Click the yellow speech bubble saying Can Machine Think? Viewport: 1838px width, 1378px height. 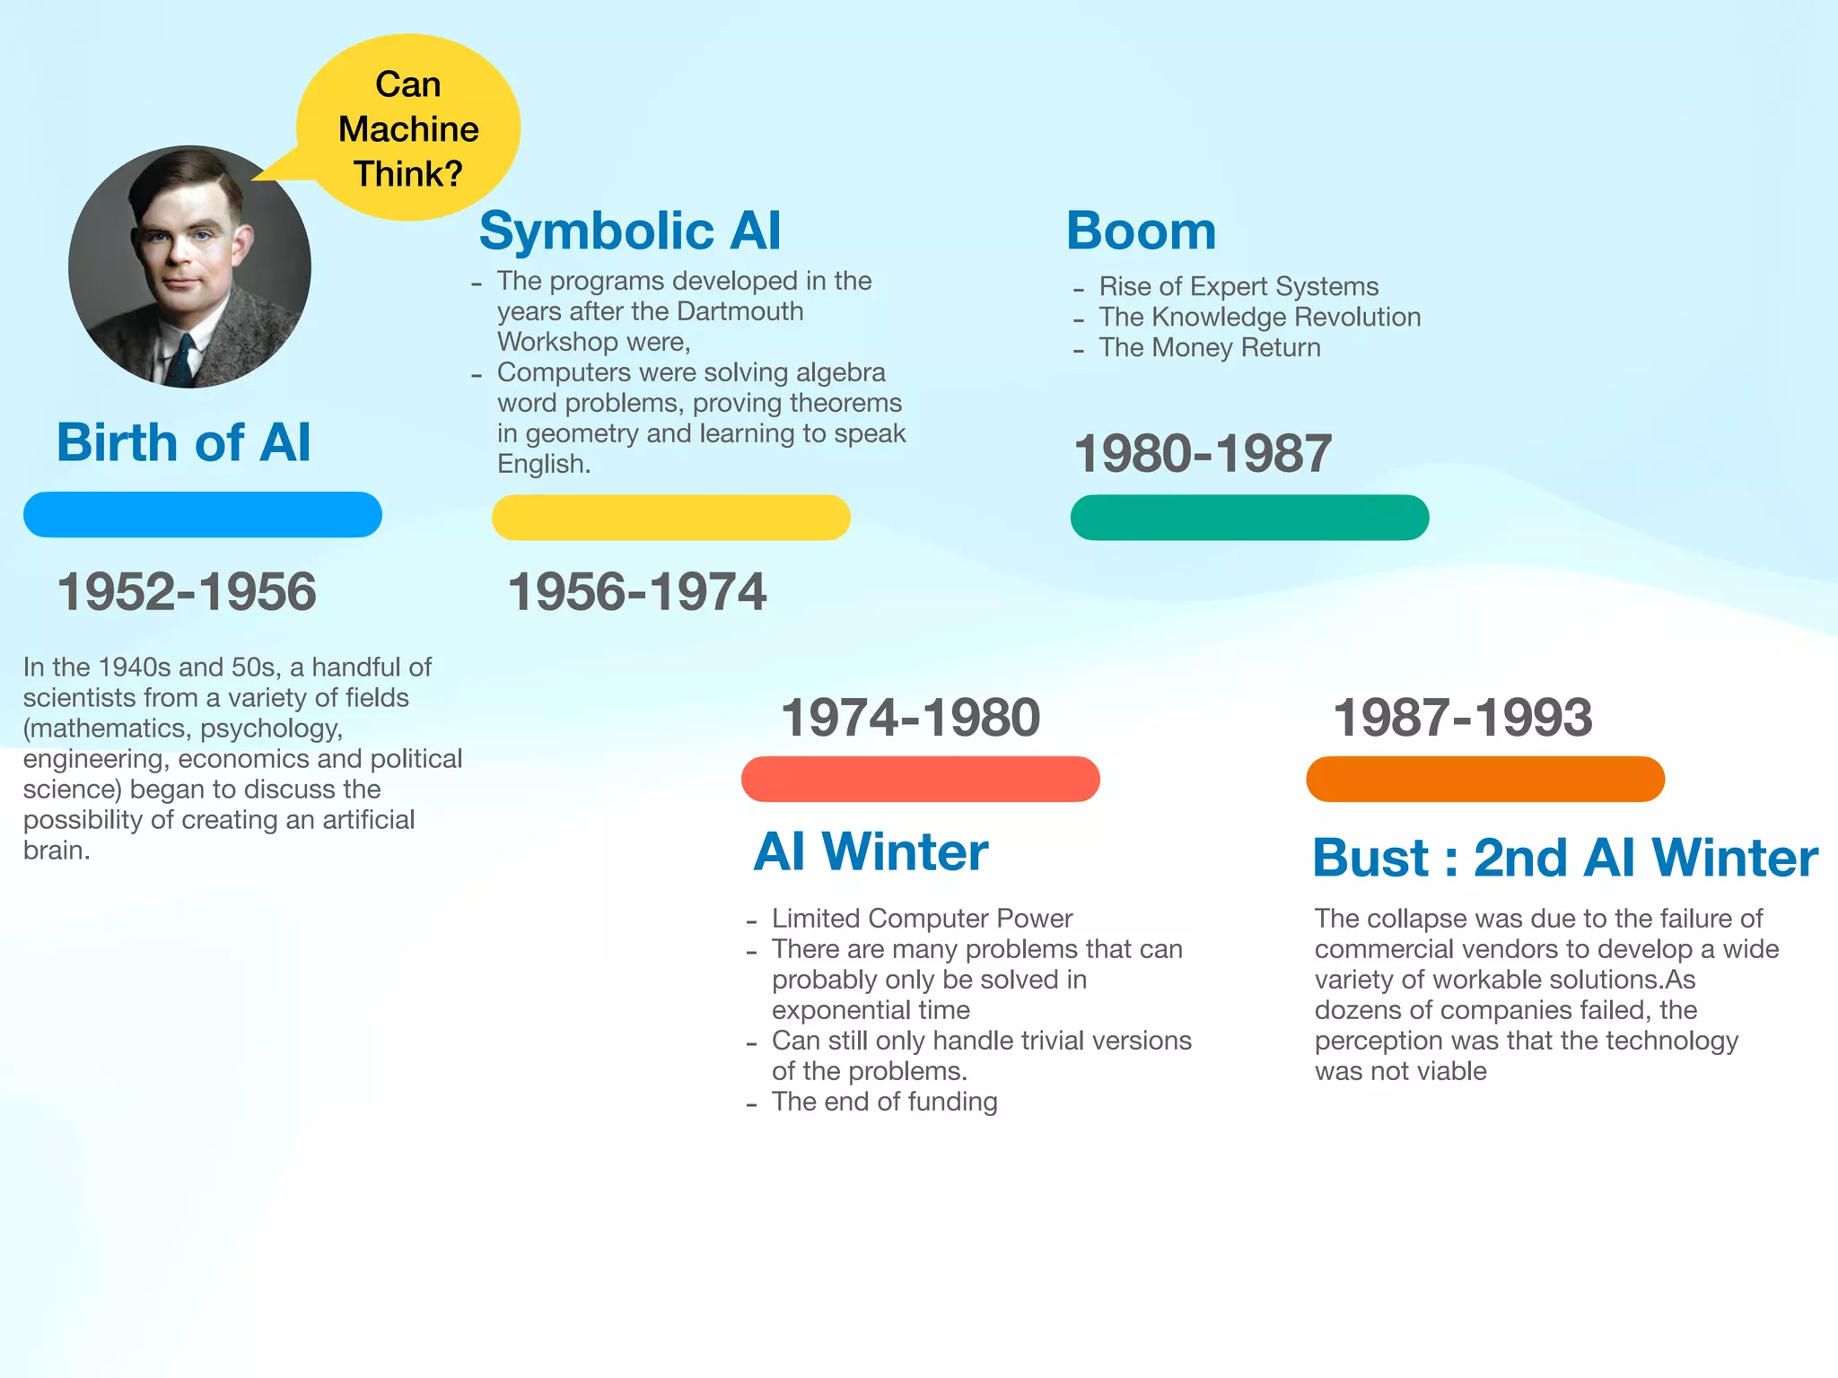tap(408, 128)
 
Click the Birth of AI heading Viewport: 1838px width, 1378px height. tap(184, 442)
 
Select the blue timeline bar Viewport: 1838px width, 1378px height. tap(203, 515)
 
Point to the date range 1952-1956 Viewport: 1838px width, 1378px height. tap(187, 592)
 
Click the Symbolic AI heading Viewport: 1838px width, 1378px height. tap(630, 231)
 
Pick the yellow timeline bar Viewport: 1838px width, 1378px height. tap(671, 518)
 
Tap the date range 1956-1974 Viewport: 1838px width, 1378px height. tap(637, 592)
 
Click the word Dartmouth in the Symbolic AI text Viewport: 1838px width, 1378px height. tap(740, 311)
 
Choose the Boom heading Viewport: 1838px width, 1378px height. tap(1141, 231)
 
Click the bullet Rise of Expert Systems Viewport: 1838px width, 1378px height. tap(1238, 286)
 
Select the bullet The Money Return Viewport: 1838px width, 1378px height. tap(1210, 347)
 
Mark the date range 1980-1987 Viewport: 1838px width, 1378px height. tap(1203, 453)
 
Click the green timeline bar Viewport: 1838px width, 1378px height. tap(1249, 518)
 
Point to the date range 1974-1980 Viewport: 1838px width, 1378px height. tap(911, 718)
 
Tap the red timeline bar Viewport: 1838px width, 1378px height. tap(921, 779)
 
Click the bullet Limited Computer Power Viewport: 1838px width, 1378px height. tap(922, 919)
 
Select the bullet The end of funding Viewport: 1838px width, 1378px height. tap(884, 1102)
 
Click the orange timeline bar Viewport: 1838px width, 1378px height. tap(1485, 779)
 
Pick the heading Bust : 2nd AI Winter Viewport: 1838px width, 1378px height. tap(1565, 858)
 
